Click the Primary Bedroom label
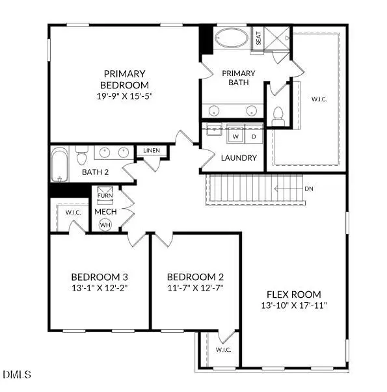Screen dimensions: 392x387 [x=124, y=79]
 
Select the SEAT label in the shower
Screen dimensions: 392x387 [x=258, y=38]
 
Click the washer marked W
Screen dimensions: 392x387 [x=235, y=137]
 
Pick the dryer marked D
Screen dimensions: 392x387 [x=253, y=137]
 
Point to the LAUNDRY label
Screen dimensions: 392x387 [x=239, y=158]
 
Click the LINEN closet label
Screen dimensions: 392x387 [x=152, y=151]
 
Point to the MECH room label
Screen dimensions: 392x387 [x=105, y=212]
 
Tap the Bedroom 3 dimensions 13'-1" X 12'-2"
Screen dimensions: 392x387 [x=98, y=287]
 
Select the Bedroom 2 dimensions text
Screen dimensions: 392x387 [x=195, y=287]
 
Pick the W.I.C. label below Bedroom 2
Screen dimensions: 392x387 [x=224, y=349]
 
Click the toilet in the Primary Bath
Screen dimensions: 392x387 [x=278, y=116]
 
